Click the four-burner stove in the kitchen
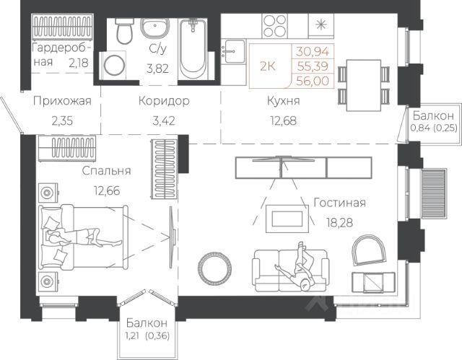pos(274,25)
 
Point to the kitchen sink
pos(233,51)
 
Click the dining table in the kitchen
pos(364,85)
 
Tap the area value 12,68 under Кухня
pos(283,120)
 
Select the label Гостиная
pos(339,203)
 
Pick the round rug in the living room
pos(215,268)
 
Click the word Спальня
pos(106,171)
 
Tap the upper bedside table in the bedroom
pos(48,192)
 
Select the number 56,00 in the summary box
pos(313,81)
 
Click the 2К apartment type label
pos(268,66)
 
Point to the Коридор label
pos(164,101)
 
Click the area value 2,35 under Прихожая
pos(62,120)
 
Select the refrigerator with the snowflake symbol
pos(321,25)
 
